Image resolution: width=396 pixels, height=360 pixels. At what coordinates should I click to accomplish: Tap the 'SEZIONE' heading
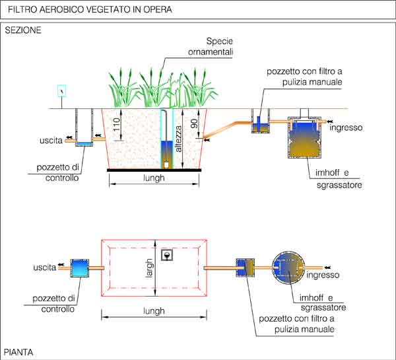click(x=24, y=30)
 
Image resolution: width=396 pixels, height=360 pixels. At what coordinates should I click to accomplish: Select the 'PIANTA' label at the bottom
click(x=19, y=352)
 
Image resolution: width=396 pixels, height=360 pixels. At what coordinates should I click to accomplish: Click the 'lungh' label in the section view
click(x=154, y=178)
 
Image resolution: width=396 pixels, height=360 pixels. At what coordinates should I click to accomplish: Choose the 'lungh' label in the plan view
click(x=154, y=310)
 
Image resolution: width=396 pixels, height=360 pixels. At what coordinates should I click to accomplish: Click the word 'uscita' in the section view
click(x=51, y=140)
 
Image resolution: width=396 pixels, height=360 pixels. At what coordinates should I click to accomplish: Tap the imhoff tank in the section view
click(x=304, y=139)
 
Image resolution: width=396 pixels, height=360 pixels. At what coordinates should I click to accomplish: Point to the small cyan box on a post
click(x=62, y=91)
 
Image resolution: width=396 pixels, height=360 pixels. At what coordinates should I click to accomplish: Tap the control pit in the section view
click(x=84, y=127)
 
